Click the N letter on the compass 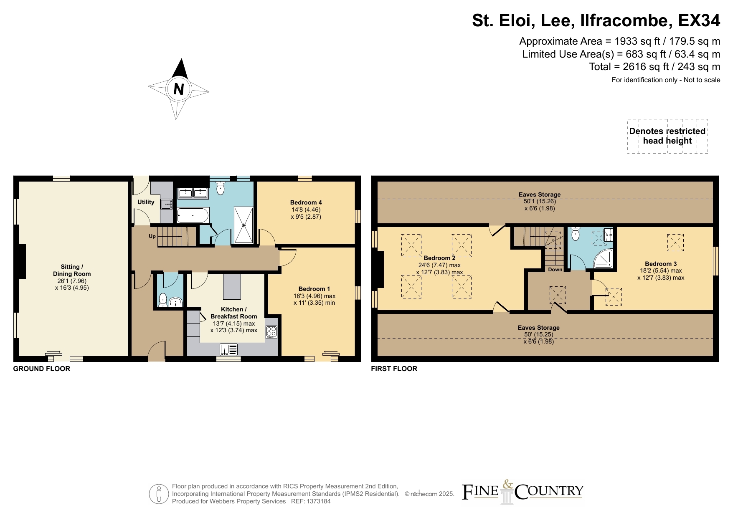point(179,89)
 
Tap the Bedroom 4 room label point(306,202)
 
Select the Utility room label point(146,202)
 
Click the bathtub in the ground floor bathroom point(193,215)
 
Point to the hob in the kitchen point(271,332)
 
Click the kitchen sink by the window point(228,349)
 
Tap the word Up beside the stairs point(152,236)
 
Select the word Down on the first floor point(555,270)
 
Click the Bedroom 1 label point(314,289)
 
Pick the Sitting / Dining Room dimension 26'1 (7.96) point(72,281)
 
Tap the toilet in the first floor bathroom point(576,234)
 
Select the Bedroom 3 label point(661,264)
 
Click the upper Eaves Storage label point(540,195)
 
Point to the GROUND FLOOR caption point(42,369)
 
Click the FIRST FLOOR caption point(394,369)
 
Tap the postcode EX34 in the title point(699,20)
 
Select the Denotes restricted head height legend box point(667,136)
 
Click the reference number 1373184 point(319,501)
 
